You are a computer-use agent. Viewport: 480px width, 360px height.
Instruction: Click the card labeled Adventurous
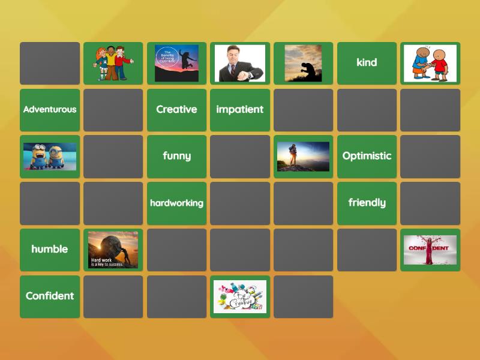pos(50,110)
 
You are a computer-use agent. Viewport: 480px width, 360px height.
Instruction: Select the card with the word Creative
pos(176,110)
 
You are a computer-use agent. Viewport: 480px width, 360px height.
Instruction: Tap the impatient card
pos(240,110)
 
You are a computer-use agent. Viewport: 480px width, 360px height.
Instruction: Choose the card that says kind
pos(367,63)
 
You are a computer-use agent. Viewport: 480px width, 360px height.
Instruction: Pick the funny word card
pos(176,156)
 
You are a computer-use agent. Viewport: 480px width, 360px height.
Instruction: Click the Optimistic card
pos(367,156)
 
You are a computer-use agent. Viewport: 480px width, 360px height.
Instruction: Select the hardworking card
pos(176,203)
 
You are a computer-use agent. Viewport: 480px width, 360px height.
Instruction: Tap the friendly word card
pos(367,203)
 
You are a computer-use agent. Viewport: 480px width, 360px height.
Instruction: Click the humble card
pos(50,250)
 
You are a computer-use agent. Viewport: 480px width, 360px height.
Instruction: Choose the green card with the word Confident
pos(50,296)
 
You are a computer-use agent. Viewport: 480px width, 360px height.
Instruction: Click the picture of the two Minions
pos(50,156)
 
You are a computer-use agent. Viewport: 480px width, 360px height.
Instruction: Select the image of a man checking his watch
pos(240,63)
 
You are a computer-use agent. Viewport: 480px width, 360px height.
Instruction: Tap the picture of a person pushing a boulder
pos(113,250)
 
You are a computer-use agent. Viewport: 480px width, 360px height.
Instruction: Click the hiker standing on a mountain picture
pos(303,156)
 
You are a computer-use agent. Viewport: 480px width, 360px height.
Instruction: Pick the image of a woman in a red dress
pos(430,250)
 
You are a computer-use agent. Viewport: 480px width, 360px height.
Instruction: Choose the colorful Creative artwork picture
pos(240,296)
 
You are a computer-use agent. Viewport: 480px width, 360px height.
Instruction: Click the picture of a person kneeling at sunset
pos(303,63)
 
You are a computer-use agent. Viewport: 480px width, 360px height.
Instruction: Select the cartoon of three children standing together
pos(113,63)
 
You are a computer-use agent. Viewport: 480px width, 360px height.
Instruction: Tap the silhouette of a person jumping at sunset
pos(176,63)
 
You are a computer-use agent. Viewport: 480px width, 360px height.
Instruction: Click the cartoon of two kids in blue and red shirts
pos(430,63)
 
